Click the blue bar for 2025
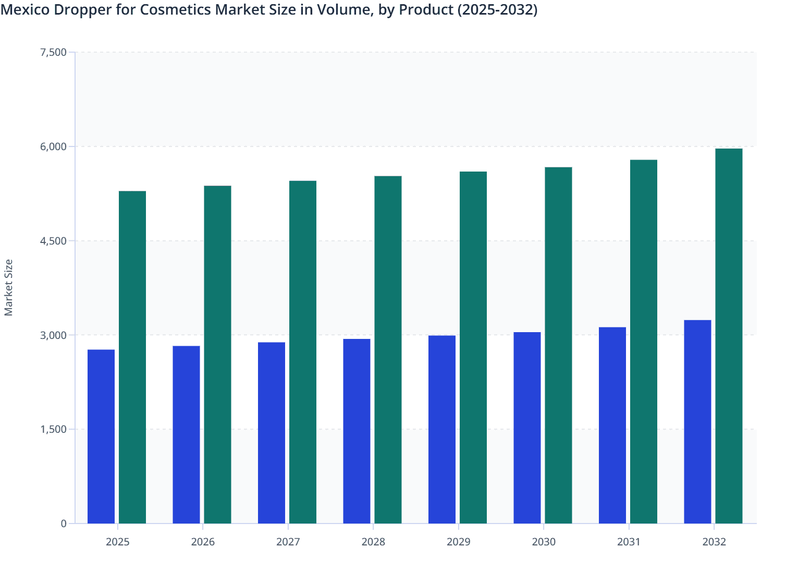[x=101, y=436]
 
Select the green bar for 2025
[x=132, y=357]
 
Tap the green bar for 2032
[x=729, y=336]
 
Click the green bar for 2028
[x=388, y=350]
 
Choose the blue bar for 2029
[x=442, y=429]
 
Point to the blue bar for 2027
[x=272, y=433]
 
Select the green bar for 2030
[x=558, y=345]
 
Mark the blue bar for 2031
[x=612, y=425]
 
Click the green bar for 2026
[x=217, y=355]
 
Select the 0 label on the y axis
[x=64, y=524]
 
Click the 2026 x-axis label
[x=203, y=542]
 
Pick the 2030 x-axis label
[x=544, y=542]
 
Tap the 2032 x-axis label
[x=714, y=542]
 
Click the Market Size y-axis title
[x=8, y=288]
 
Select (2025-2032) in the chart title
[x=497, y=9]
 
